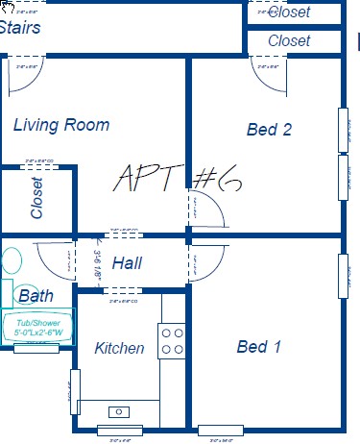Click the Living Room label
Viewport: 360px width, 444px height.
[x=61, y=125]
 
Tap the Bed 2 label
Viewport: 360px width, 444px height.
[x=269, y=130]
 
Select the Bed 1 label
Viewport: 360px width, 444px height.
[x=259, y=347]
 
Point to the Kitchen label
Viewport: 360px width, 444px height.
[x=120, y=348]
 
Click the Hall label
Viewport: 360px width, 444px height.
[x=128, y=263]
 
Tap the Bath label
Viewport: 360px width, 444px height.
[x=36, y=296]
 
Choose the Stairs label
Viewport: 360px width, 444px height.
[x=19, y=28]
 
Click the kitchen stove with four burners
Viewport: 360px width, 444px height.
[x=172, y=341]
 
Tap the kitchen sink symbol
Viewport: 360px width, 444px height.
[x=119, y=411]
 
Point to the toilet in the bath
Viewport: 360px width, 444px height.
[x=11, y=260]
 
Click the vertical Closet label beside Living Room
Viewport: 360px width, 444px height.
[x=37, y=198]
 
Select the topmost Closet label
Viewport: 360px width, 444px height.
[x=289, y=12]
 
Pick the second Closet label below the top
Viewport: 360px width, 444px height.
[x=289, y=40]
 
